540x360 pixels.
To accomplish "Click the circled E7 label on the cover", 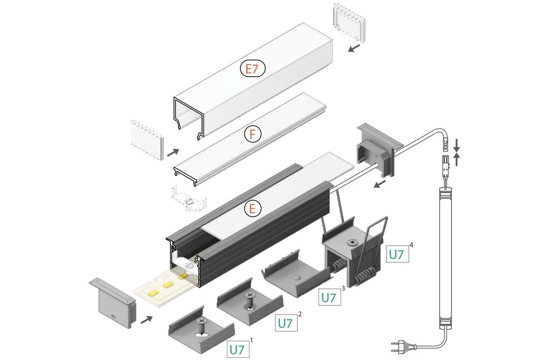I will (x=252, y=69).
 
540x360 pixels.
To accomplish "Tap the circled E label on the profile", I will (x=253, y=208).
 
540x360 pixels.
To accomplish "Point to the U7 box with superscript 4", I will (x=396, y=254).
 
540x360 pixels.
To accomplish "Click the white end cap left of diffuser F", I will (x=146, y=139).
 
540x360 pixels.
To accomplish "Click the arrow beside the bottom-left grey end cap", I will (x=146, y=320).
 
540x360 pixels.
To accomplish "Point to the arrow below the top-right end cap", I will (x=354, y=49).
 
